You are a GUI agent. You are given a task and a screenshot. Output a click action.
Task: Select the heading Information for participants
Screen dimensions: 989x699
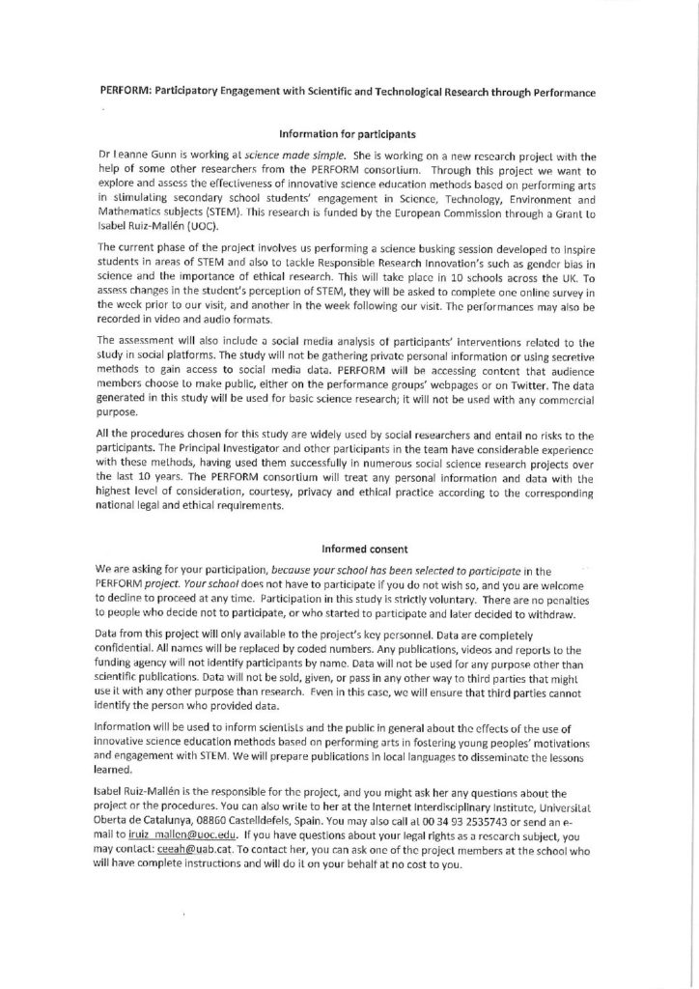coord(349,133)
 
